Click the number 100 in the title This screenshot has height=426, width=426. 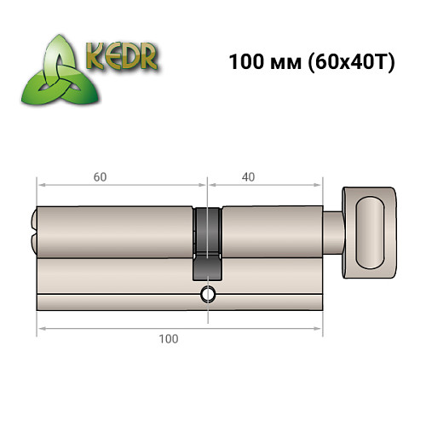click(246, 63)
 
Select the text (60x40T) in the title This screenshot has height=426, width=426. click(350, 63)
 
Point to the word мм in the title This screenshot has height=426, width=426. click(286, 65)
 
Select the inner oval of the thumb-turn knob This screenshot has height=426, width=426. click(371, 228)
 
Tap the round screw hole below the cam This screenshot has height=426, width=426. click(207, 296)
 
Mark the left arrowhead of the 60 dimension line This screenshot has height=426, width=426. click(39, 184)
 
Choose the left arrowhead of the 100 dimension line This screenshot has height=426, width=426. click(39, 328)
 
